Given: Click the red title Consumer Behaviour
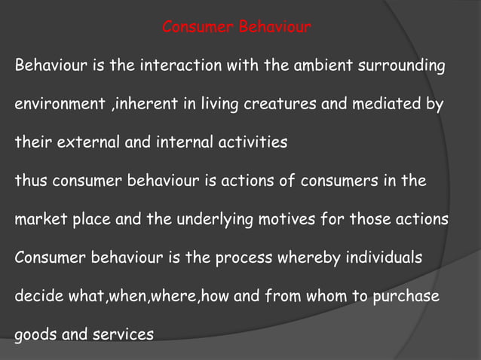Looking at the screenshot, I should (237, 29).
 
